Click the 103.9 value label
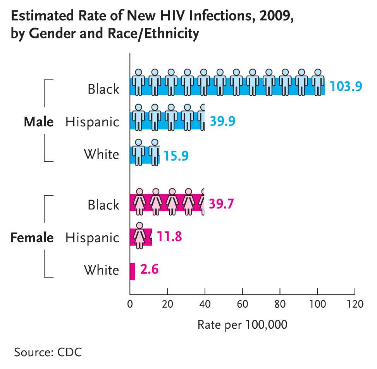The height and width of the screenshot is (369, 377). [x=346, y=86]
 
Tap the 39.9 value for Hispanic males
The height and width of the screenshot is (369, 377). [x=222, y=121]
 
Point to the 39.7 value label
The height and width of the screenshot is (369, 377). [x=221, y=203]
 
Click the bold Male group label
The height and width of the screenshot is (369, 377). [x=38, y=122]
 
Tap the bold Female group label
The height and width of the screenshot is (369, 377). [x=32, y=237]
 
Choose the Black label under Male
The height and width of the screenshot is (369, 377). [x=103, y=89]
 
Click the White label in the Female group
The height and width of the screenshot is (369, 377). [x=102, y=270]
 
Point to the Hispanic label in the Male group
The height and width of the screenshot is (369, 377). [x=92, y=122]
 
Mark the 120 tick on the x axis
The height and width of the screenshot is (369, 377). [x=355, y=303]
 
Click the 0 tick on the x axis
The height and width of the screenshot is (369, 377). [x=130, y=303]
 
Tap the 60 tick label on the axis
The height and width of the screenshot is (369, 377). [x=242, y=303]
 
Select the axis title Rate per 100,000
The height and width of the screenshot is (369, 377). [x=243, y=324]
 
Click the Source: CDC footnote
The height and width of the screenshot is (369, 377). [x=48, y=352]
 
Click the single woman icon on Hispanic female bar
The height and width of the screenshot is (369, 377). [x=139, y=235]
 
